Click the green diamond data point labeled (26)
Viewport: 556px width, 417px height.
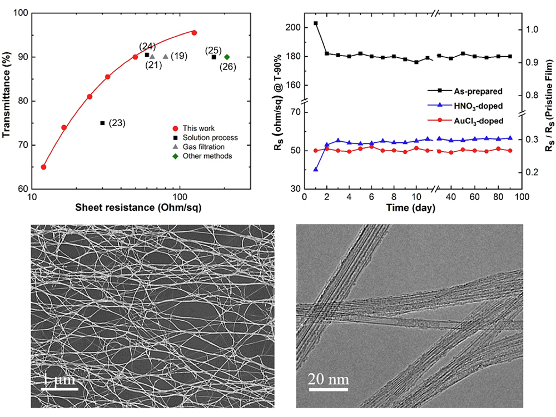227,57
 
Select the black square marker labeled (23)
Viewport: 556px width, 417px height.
102,123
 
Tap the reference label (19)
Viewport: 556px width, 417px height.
179,56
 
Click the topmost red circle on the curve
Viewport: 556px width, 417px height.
194,33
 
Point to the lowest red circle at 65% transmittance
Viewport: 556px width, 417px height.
44,167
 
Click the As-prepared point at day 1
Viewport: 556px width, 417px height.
316,23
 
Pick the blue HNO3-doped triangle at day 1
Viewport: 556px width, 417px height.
316,169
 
